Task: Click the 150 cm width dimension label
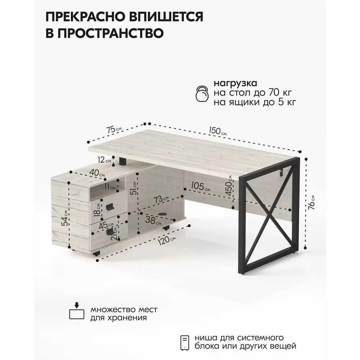pos(218,131)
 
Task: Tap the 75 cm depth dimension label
pos(114,130)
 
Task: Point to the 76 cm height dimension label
pos(311,202)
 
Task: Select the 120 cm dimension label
pos(167,239)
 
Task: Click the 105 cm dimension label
pos(201,186)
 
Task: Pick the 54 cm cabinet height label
pos(65,218)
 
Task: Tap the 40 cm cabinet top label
pos(97,173)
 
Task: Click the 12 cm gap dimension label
pos(104,160)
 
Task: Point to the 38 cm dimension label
pos(153,220)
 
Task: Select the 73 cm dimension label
pos(161,199)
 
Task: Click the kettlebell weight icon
pos(202,94)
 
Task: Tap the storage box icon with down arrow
pos(77,311)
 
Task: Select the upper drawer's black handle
pos(110,207)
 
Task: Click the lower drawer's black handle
pos(111,231)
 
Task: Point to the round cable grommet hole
pos(163,214)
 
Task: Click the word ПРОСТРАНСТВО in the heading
pos(105,33)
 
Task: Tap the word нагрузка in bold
pos(235,84)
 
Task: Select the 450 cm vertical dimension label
pos(229,185)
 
